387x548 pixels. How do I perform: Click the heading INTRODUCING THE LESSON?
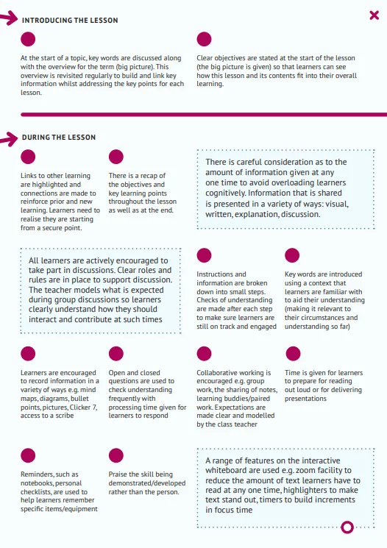(x=70, y=20)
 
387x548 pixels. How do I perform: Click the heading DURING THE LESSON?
(x=58, y=138)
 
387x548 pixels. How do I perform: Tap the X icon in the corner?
(x=374, y=15)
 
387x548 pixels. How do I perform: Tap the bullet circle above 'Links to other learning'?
(x=28, y=157)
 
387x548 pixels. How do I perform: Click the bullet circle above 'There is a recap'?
(x=116, y=157)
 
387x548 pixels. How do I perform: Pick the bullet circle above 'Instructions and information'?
(x=204, y=255)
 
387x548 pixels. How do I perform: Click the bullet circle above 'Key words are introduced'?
(x=292, y=255)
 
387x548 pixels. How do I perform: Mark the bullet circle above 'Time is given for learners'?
(x=292, y=353)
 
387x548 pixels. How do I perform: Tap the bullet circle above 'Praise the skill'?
(x=116, y=455)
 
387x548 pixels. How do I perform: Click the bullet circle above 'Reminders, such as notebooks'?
(x=28, y=455)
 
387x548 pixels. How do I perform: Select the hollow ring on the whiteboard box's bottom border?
(x=349, y=527)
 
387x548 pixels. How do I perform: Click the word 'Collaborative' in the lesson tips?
(x=219, y=373)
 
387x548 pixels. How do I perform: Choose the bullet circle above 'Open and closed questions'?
(x=116, y=353)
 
